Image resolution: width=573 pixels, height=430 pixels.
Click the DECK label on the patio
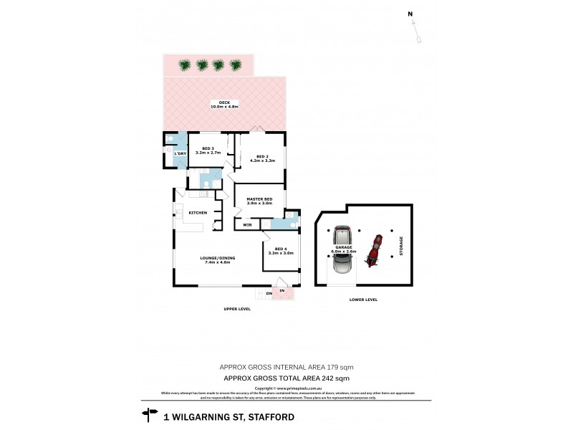[224, 102]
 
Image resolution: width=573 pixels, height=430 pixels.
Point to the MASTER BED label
[259, 199]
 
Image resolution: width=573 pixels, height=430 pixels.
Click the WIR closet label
[247, 225]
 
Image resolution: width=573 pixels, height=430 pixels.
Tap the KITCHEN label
[198, 213]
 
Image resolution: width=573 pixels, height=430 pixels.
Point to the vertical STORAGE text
[401, 246]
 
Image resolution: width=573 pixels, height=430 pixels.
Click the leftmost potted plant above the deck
[184, 65]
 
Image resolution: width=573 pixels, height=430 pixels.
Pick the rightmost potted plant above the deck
[236, 65]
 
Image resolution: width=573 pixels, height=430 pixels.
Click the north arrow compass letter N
[410, 14]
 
